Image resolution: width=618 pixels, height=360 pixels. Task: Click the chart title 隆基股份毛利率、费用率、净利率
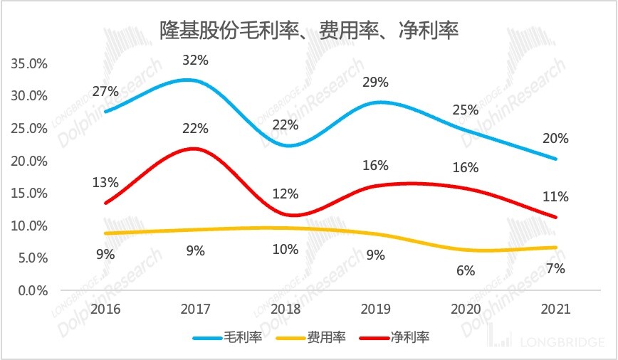308,30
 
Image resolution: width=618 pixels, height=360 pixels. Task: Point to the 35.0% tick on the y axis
29,63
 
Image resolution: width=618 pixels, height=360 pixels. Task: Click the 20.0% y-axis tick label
29,161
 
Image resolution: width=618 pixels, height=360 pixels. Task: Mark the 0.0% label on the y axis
32,290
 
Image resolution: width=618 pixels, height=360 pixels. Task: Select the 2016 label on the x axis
105,309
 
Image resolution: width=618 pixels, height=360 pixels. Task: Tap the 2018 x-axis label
286,309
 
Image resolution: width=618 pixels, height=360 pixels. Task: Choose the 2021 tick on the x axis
555,309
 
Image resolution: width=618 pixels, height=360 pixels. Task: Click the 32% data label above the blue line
195,60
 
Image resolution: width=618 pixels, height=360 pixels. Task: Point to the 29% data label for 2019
375,82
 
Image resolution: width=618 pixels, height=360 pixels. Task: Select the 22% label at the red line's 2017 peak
195,129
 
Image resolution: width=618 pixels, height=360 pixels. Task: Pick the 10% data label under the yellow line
286,250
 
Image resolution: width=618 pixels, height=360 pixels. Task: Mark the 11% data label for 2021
555,196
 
